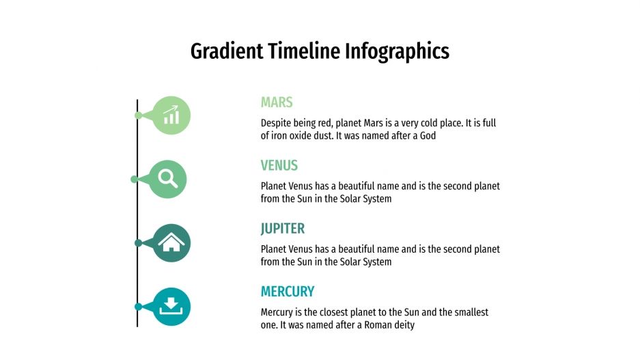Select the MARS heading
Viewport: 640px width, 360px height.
tap(277, 102)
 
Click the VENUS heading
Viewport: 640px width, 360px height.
tap(279, 165)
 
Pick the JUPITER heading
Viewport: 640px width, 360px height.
tap(283, 228)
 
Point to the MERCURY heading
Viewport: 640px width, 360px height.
tap(288, 292)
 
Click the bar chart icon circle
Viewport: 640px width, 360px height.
tap(171, 115)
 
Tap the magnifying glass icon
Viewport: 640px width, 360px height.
tap(167, 178)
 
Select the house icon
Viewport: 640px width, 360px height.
tap(171, 243)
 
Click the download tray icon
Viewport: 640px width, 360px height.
tap(171, 306)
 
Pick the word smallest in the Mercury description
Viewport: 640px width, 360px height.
tap(468, 312)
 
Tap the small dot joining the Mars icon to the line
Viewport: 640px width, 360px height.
tap(139, 115)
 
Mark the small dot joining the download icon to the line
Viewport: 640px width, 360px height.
tap(138, 307)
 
